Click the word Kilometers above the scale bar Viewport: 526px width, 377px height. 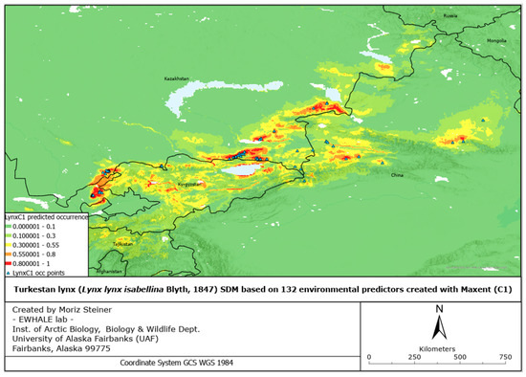coord(438,346)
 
